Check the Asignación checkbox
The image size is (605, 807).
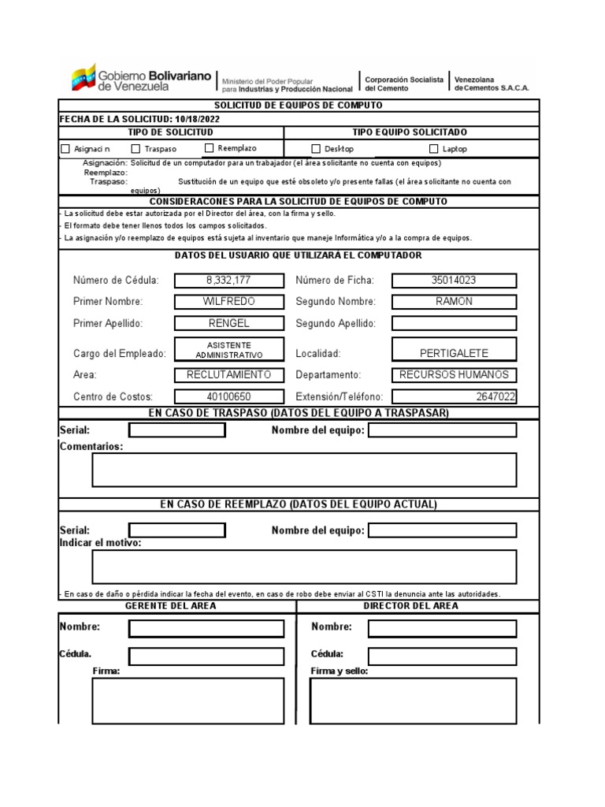point(65,149)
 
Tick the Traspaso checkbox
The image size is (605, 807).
point(135,148)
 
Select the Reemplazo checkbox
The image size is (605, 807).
point(209,147)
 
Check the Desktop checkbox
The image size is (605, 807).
point(316,148)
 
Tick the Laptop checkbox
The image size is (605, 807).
point(434,148)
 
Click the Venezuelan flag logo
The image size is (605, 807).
point(83,78)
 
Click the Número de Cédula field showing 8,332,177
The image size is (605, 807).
point(228,281)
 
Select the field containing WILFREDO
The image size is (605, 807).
point(228,302)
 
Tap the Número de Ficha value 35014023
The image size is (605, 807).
point(454,281)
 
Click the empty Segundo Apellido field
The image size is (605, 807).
point(454,323)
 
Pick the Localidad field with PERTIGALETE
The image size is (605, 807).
point(454,353)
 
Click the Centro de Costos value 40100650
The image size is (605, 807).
point(228,397)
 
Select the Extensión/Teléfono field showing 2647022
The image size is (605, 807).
point(454,397)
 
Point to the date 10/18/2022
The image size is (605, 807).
point(198,119)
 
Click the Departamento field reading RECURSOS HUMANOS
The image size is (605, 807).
point(454,375)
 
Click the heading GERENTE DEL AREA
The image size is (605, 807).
point(170,606)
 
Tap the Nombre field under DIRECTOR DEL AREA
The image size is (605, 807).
point(442,628)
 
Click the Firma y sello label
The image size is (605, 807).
point(339,671)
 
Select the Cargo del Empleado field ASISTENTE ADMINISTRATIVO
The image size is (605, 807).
point(228,350)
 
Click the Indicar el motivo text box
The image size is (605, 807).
point(304,567)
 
